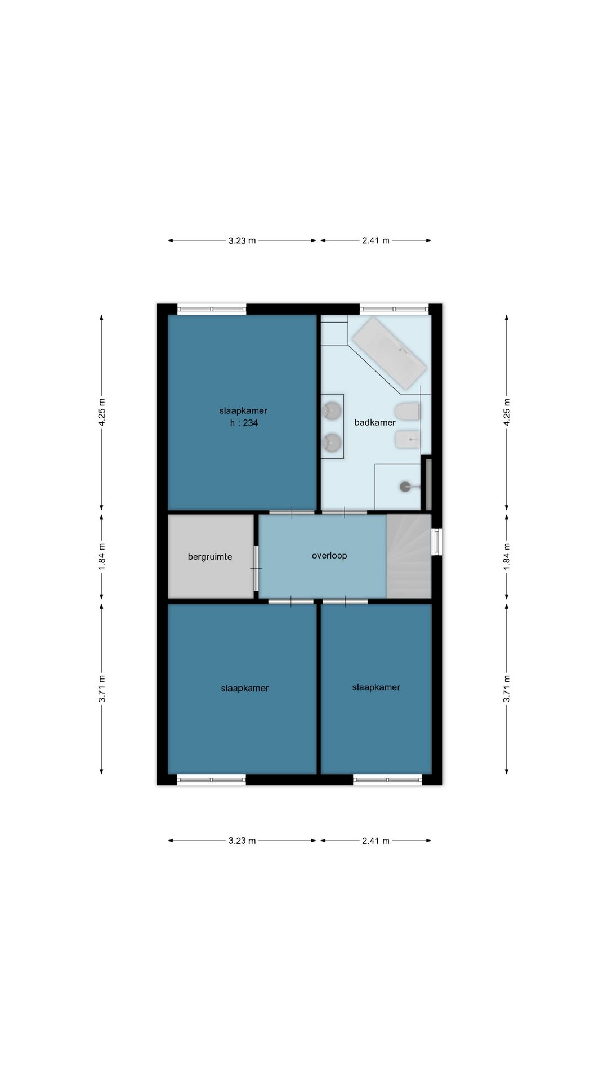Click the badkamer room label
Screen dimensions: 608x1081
(x=375, y=422)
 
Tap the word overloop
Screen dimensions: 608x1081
(x=329, y=556)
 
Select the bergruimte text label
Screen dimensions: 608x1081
(x=210, y=557)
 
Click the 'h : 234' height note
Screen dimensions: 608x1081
(x=244, y=423)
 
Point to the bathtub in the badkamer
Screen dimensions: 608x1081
(x=388, y=353)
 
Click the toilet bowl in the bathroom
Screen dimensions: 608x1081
(x=408, y=411)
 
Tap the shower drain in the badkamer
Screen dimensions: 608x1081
(x=405, y=486)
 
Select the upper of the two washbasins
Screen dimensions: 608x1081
(x=332, y=411)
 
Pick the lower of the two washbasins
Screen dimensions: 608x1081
(x=332, y=443)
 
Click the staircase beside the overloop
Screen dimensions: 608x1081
(x=409, y=556)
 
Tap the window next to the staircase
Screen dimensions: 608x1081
(x=437, y=542)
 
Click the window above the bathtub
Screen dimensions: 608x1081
(x=394, y=309)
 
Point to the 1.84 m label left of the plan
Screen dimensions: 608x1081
(x=101, y=556)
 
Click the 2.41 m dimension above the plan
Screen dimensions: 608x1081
(x=376, y=240)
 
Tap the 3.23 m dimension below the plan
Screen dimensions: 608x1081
(x=242, y=841)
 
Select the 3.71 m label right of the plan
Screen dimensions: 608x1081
(x=507, y=688)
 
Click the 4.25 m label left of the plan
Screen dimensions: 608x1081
(x=101, y=413)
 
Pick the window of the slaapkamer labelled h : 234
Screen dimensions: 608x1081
(x=212, y=309)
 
